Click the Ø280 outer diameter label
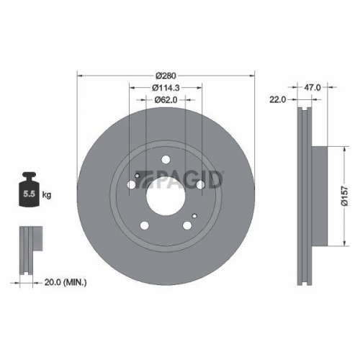click(166, 74)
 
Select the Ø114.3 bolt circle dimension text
click(166, 88)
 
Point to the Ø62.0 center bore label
click(166, 101)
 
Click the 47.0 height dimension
click(313, 86)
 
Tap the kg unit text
click(47, 194)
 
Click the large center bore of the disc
click(166, 194)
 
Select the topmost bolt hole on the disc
click(166, 160)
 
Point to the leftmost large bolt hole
click(131, 186)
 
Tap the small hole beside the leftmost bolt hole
click(137, 174)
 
